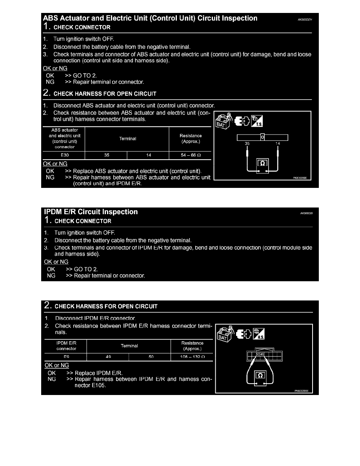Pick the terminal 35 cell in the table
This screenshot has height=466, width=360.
(107, 155)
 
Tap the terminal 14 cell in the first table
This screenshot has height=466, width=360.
(149, 155)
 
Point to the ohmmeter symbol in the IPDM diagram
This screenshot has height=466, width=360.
(260, 376)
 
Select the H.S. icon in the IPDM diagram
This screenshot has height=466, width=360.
(259, 334)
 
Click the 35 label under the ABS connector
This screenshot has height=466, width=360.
(247, 144)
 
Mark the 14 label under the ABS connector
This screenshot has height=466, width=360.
(278, 144)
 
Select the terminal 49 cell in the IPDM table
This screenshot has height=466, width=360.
(108, 357)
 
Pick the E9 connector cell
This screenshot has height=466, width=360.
(66, 357)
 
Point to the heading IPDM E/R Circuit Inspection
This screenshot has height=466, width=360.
(91, 212)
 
